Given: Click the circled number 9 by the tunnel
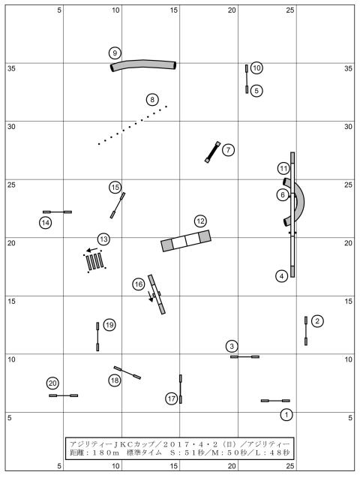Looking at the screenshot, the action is pos(115,53).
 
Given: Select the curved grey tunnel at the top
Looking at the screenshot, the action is pos(143,65).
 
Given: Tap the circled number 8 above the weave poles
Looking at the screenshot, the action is pos(152,100).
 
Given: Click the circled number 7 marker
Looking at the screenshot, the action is pos(228,150).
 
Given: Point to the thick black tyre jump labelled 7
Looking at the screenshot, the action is pos(212,152).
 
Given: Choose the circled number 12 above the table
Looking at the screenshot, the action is pos(200,221).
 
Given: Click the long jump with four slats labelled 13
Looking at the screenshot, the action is pos(94,261).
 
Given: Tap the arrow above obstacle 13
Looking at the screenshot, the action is pos(92,250).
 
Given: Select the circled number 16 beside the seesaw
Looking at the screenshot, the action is pos(139,284).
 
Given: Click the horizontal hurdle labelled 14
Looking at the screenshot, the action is pos(57,212).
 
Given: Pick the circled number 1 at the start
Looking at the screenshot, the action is pos(286,414).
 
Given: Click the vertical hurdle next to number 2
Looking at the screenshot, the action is pos(306,331).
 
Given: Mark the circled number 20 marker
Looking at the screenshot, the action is pos(52,383).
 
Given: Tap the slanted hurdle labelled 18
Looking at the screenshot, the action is pos(127,372).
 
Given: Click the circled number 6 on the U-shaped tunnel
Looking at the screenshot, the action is pos(283,195).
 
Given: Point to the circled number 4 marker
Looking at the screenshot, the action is pos(282,276).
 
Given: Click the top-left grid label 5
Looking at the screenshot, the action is pos(59,11).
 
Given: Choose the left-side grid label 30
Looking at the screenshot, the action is pos(11,127).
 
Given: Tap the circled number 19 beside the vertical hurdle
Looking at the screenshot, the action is pos(109,325).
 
